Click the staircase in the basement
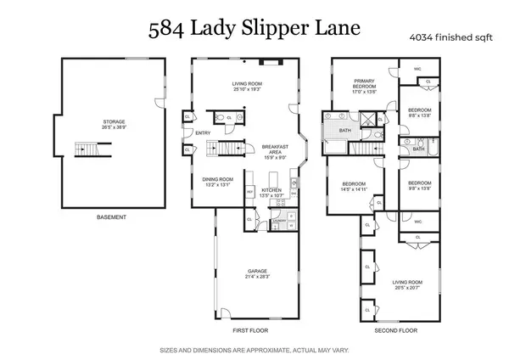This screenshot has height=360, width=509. (87, 150)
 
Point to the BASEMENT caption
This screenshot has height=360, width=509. (111, 217)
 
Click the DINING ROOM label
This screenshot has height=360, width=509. (218, 181)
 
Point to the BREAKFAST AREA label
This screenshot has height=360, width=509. (274, 149)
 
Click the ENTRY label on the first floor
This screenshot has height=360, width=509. (203, 132)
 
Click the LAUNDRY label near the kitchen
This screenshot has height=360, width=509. (277, 222)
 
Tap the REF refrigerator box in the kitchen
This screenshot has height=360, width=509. (250, 193)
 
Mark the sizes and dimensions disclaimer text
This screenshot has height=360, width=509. (254, 350)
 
